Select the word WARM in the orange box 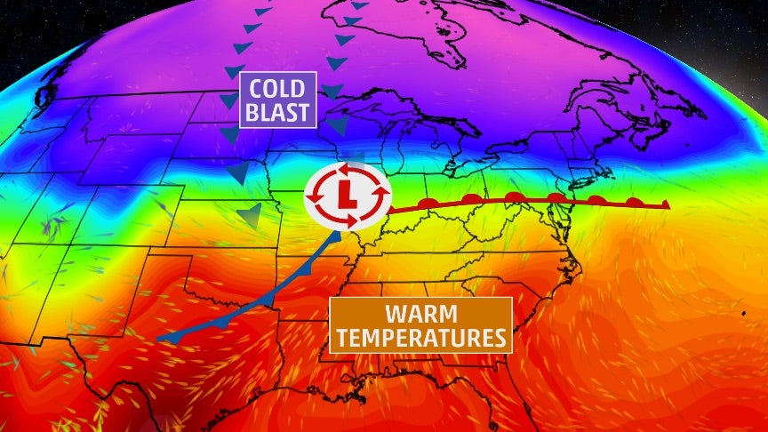pyautogui.click(x=420, y=314)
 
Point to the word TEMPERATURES pyautogui.click(x=420, y=338)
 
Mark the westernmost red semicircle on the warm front pyautogui.click(x=429, y=204)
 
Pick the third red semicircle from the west pyautogui.click(x=513, y=196)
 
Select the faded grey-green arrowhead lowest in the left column pyautogui.click(x=252, y=214)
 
